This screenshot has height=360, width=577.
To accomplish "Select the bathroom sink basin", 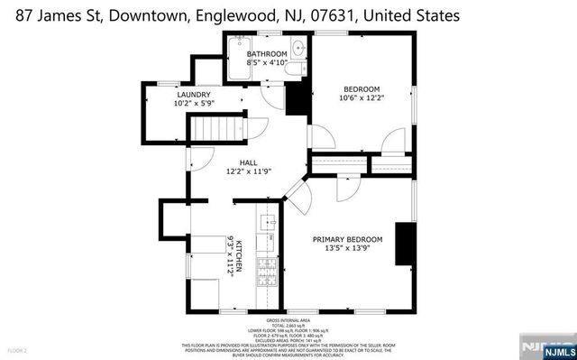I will pos(298,48).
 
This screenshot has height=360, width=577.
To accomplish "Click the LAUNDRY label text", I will pos(193,95).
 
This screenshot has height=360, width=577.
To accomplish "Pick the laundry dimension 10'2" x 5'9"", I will pos(193,104).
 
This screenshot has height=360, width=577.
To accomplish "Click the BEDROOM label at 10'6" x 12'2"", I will pos(361,89).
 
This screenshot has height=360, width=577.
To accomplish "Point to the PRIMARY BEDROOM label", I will pos(347,239).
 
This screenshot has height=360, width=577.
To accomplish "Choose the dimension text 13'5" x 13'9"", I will pos(347,249).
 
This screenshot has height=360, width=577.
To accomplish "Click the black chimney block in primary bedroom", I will pos(405,243).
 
